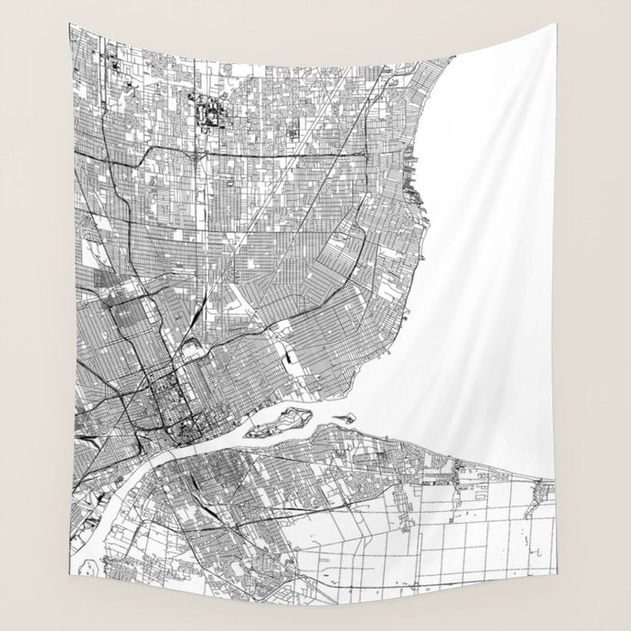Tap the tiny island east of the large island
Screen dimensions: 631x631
[x=344, y=417]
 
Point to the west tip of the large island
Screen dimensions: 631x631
[x=250, y=432]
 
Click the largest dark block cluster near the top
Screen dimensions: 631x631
[x=213, y=113]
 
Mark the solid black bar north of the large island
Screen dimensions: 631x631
[x=290, y=359]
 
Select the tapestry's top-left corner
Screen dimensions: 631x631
[x=72, y=24]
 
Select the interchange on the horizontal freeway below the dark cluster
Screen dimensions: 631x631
[x=197, y=154]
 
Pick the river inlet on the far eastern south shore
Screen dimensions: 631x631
[x=541, y=491]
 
